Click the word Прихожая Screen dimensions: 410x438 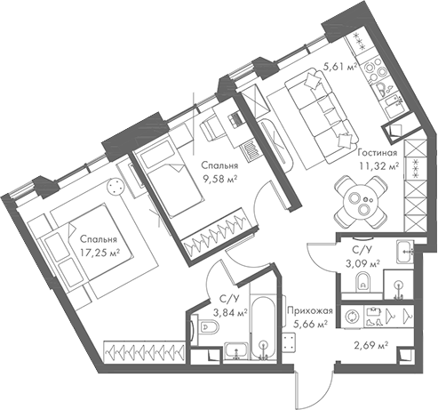click(309, 310)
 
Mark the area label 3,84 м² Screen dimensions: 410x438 click(219, 312)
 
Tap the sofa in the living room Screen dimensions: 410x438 click(319, 111)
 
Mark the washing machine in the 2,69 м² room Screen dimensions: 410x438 click(352, 316)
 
